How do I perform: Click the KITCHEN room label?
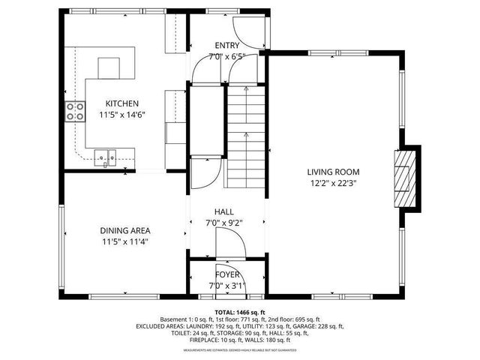click(121, 103)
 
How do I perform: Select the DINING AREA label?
click(126, 230)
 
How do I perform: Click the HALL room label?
click(226, 212)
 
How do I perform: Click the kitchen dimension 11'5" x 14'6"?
click(121, 115)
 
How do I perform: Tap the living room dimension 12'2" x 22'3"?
click(334, 182)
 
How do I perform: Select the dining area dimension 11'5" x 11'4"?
click(126, 241)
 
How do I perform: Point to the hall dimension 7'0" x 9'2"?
click(226, 223)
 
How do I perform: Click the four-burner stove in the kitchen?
click(74, 112)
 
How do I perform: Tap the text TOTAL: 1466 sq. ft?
click(239, 311)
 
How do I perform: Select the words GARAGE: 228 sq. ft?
click(317, 326)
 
